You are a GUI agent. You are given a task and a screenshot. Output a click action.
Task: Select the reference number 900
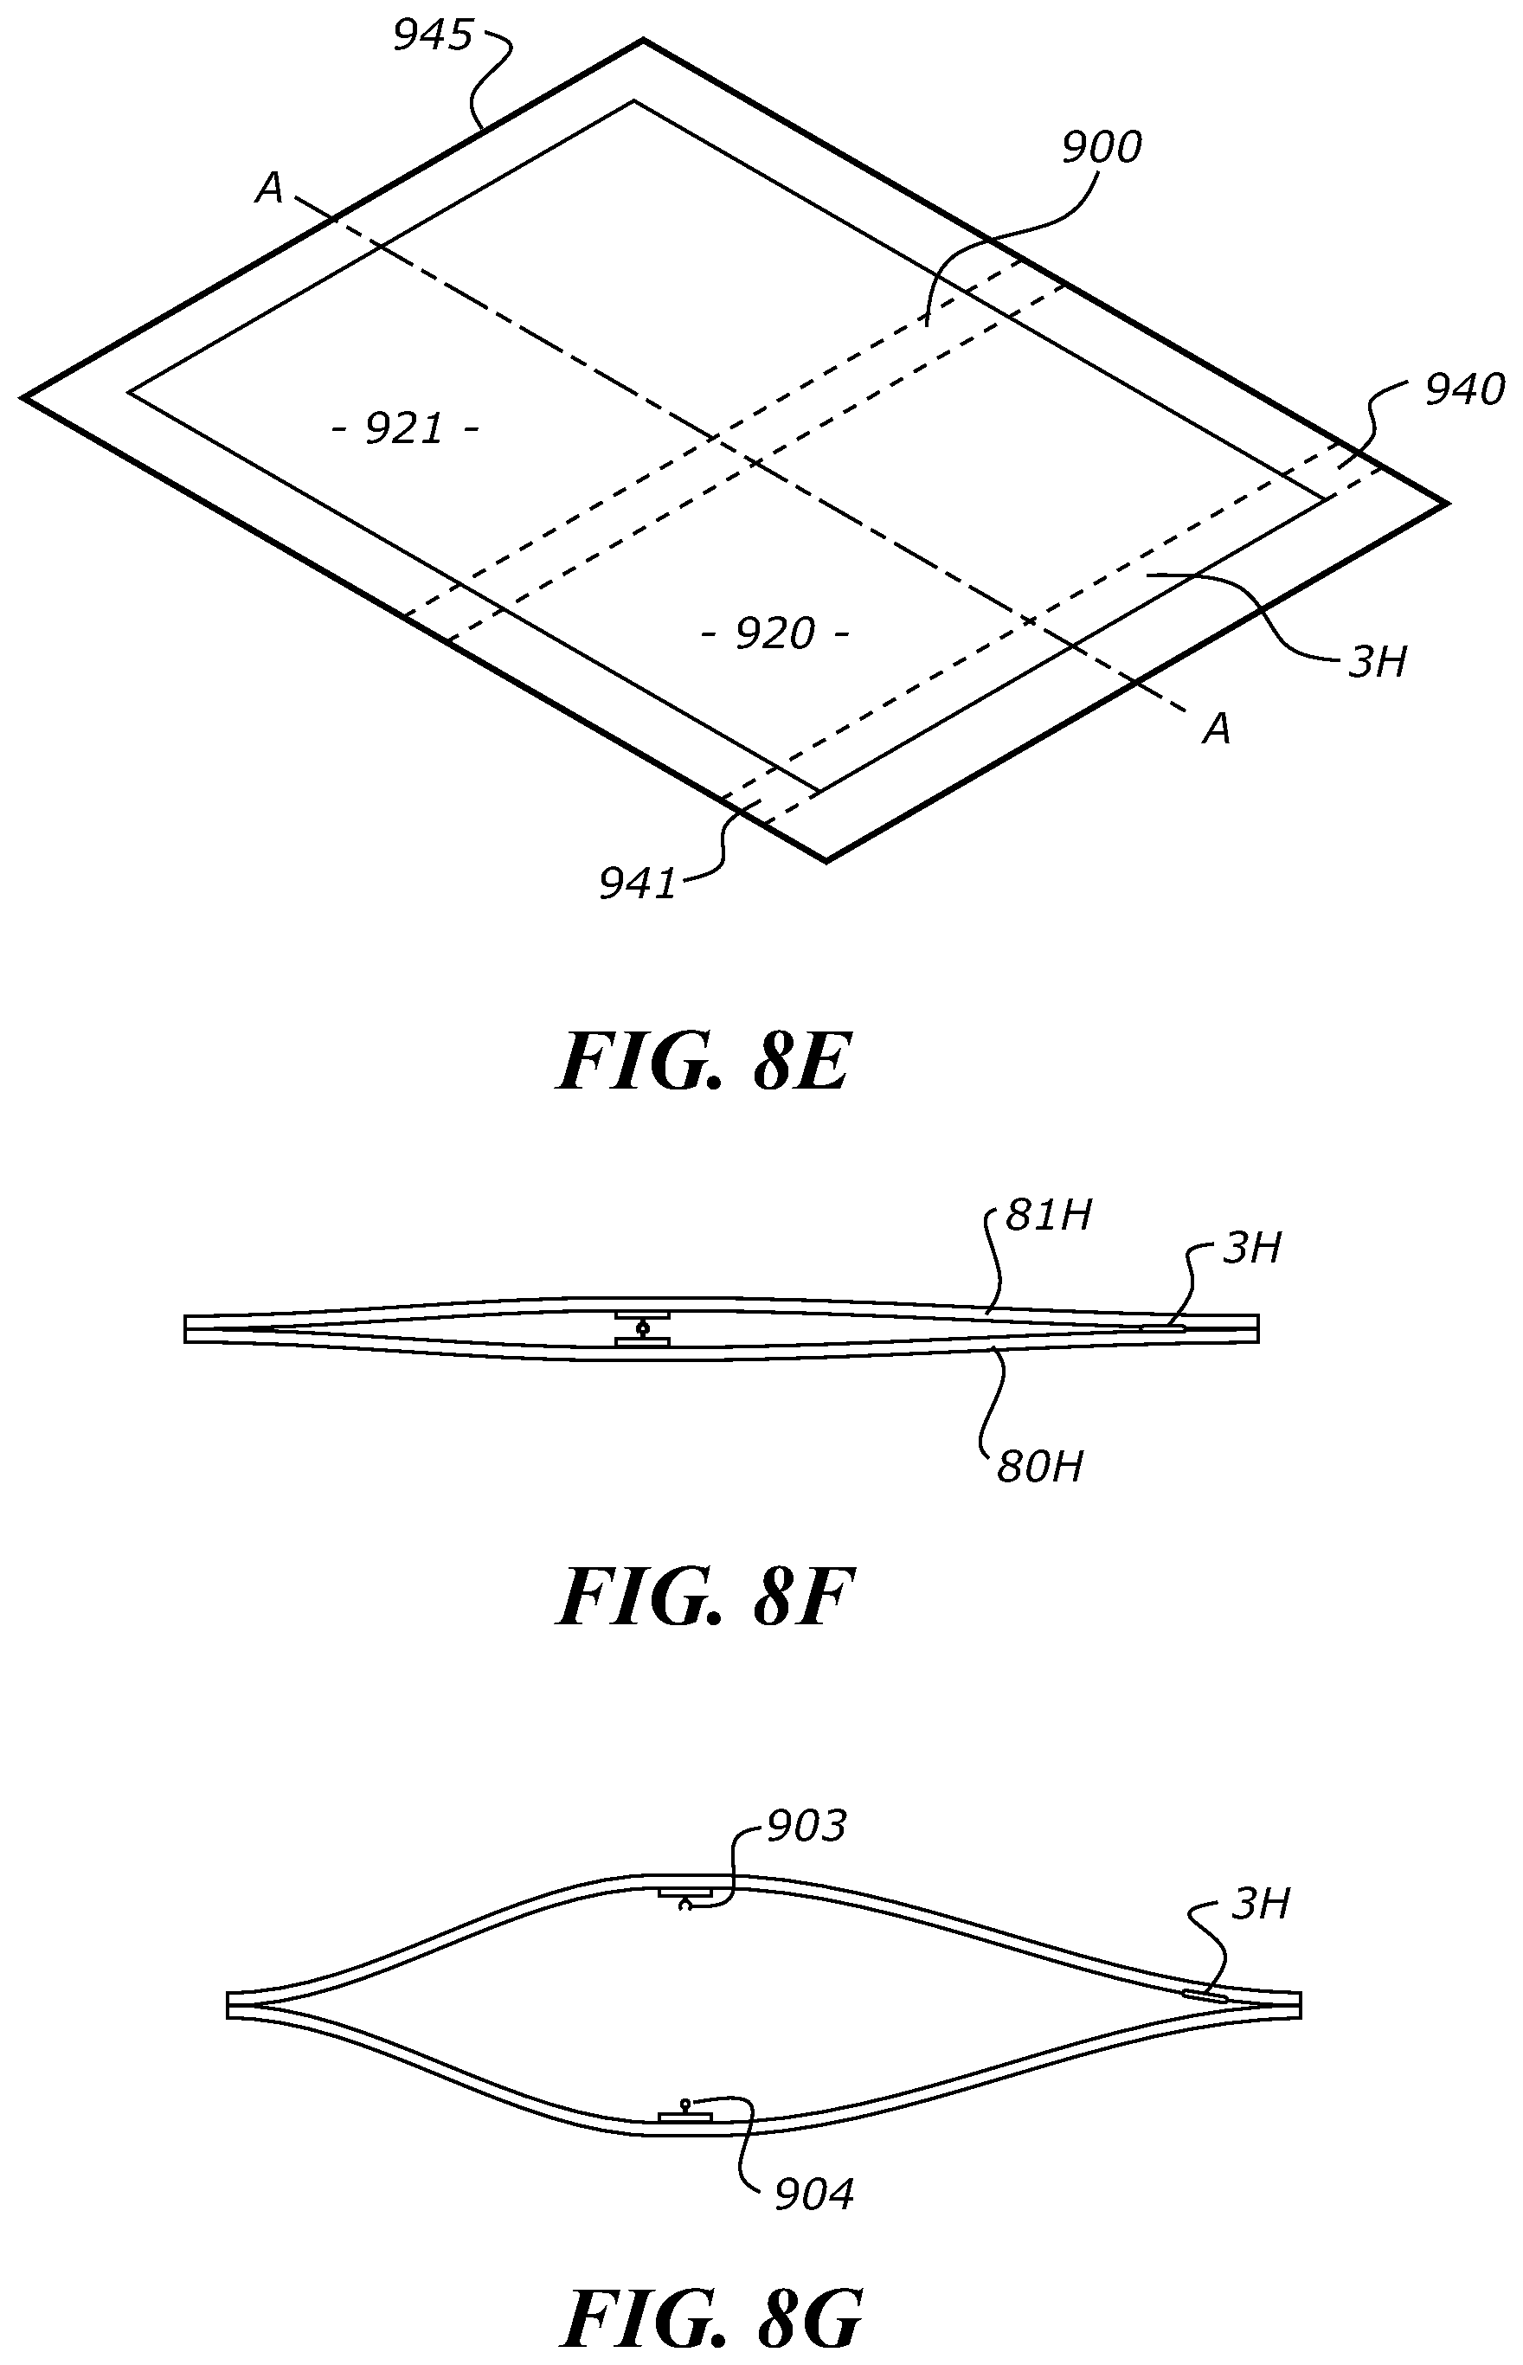1101,148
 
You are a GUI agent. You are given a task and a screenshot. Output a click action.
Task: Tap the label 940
1463,391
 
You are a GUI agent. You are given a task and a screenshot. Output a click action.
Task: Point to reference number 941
637,883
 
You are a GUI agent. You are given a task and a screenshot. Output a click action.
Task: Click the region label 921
404,429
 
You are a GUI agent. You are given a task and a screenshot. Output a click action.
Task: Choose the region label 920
774,633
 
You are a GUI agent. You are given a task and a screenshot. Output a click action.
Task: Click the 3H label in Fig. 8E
1377,661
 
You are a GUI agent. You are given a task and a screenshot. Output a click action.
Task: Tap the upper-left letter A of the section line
269,188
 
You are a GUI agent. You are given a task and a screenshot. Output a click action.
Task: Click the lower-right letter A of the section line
1217,729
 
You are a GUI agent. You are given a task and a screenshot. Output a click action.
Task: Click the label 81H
1047,1215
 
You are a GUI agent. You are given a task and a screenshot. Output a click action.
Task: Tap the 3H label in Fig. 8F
1252,1249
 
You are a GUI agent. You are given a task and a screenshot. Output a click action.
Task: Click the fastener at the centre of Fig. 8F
643,1329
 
